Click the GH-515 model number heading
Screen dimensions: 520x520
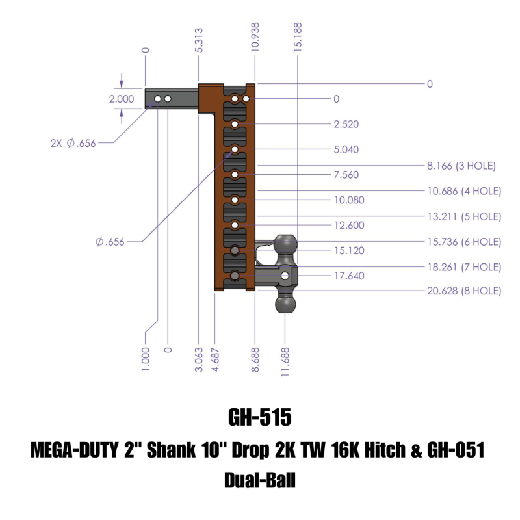coord(259,416)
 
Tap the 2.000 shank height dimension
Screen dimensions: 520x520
coord(121,99)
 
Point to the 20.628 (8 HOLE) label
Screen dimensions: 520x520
coord(463,291)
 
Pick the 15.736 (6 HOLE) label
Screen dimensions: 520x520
coord(463,242)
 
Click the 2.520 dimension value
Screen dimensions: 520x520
coord(346,124)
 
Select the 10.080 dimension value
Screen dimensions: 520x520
coord(349,200)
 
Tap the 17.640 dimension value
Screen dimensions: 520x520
coord(349,276)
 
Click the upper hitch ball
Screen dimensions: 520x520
coord(287,245)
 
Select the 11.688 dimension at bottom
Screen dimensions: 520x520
coord(286,359)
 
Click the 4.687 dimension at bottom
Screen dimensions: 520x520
coord(214,359)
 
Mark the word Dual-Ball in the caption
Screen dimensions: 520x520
coord(259,481)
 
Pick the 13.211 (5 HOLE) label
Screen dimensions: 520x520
coord(463,216)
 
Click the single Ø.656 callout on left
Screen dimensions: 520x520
coord(109,242)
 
